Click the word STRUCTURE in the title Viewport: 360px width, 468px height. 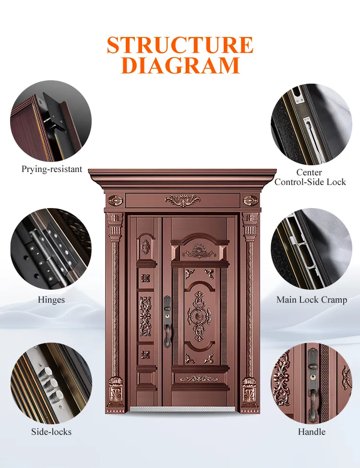pos(180,45)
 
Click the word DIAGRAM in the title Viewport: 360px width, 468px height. pos(180,65)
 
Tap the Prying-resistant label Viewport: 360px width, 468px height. pos(51,169)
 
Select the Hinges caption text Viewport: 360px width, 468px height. pos(51,299)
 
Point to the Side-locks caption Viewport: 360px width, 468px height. pos(51,431)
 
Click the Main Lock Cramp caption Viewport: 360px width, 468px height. pos(312,299)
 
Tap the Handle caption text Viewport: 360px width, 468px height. pos(312,431)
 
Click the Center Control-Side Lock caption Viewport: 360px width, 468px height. pos(310,177)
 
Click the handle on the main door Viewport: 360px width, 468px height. pos(168,321)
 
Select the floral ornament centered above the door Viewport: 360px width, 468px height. pos(182,200)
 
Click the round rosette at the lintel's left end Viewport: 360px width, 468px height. pos(115,200)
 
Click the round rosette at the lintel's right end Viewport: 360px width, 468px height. pos(251,200)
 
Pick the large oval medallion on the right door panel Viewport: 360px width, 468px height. pos(199,316)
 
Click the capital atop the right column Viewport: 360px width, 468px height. pos(250,226)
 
